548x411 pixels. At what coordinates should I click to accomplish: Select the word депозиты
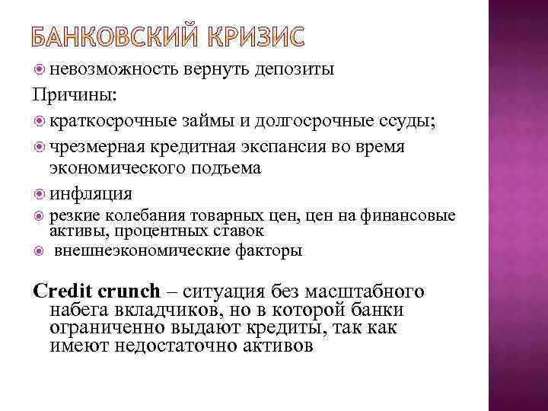(x=295, y=71)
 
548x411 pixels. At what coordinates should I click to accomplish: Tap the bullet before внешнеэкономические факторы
(x=40, y=250)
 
